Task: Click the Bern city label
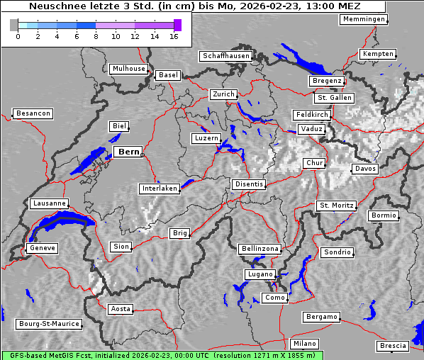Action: tap(128, 152)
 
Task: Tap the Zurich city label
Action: tap(223, 94)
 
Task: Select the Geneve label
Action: tap(42, 248)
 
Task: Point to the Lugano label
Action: tap(260, 274)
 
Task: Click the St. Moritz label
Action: tap(336, 206)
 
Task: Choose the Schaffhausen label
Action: tap(225, 55)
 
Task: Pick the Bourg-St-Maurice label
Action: tap(49, 324)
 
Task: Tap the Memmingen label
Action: tap(364, 19)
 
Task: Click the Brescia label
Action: tap(393, 346)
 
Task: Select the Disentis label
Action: tap(248, 184)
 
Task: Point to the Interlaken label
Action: tap(160, 189)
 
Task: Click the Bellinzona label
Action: tap(260, 249)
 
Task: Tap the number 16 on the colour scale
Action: tap(174, 36)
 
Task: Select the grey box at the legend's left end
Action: tap(14, 25)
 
